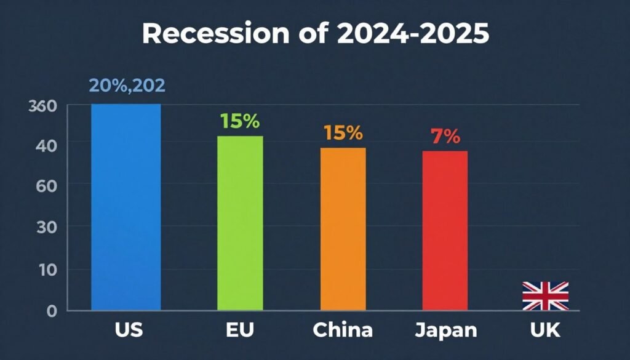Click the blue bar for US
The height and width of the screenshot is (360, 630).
(x=126, y=207)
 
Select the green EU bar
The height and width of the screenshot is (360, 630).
(x=240, y=223)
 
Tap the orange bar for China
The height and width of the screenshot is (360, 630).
(x=343, y=228)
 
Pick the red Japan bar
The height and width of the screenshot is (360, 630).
(x=445, y=230)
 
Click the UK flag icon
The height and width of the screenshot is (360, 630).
(x=545, y=296)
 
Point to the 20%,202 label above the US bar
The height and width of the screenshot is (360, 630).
(x=127, y=86)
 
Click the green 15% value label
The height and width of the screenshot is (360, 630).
(x=240, y=121)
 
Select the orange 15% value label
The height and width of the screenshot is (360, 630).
(x=343, y=133)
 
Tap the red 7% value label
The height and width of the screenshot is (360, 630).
(x=445, y=137)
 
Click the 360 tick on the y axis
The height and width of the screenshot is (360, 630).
(x=43, y=106)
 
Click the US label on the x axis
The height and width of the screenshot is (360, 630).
(x=129, y=330)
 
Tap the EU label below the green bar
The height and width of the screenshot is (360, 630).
(x=240, y=330)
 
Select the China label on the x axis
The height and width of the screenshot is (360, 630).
(x=343, y=330)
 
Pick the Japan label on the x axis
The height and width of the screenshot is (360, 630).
(x=445, y=330)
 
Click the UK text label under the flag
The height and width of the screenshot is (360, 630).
(x=545, y=330)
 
